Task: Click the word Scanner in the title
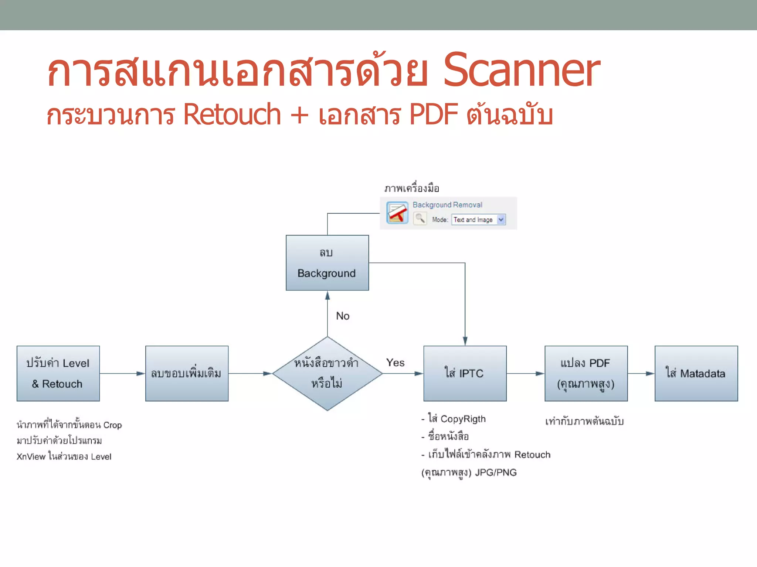coord(521,71)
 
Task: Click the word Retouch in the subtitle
coord(232,115)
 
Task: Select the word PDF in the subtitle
coord(434,115)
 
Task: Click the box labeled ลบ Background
coord(327,263)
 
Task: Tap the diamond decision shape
coord(327,374)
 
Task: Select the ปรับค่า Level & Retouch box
coord(58,374)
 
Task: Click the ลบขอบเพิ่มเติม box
coord(187,374)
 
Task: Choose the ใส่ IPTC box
coord(465,374)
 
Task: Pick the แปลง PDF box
coord(586,374)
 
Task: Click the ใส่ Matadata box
coord(696,374)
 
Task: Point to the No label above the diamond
coord(343,316)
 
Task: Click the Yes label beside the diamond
coord(395,362)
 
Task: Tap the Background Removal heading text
coord(447,205)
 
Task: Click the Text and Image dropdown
coord(478,220)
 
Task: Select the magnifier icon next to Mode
coord(420,219)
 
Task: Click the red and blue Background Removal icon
coord(397,213)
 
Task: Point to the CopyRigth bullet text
coord(463,419)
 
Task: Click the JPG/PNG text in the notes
coord(496,472)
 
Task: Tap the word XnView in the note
coord(31,457)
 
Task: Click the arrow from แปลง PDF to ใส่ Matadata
coord(641,374)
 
